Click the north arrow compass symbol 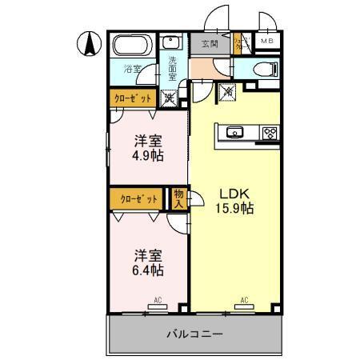click(x=90, y=42)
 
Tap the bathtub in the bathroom click(x=131, y=47)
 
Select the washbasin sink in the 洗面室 click(x=171, y=43)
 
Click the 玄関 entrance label click(x=210, y=43)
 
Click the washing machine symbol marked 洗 click(x=170, y=99)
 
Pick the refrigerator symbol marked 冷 click(x=226, y=93)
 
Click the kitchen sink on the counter click(x=236, y=133)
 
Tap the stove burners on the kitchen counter click(x=269, y=133)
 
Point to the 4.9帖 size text click(x=147, y=156)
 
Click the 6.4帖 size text click(x=147, y=270)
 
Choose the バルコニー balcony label click(x=194, y=333)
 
